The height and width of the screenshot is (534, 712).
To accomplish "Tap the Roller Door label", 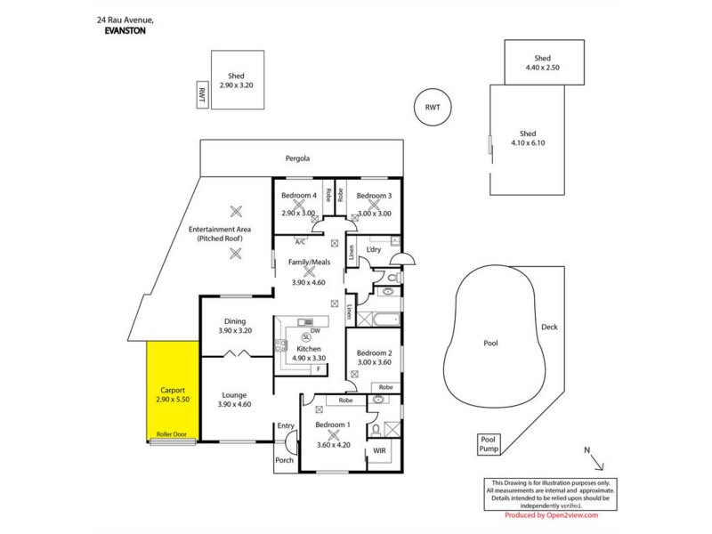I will coord(172,434).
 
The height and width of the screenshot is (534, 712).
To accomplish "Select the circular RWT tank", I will coord(432,108).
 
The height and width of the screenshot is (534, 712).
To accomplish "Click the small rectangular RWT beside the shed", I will coord(202,94).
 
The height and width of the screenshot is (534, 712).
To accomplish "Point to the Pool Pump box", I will coord(488,444).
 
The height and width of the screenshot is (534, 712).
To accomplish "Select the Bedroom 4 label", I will coord(299,196).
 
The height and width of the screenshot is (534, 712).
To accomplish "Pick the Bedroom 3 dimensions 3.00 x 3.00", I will coord(375,214).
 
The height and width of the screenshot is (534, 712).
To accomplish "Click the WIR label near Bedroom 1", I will coord(379,451).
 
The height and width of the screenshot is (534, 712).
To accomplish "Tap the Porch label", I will coord(286,460).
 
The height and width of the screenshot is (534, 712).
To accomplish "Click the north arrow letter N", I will coord(587,451).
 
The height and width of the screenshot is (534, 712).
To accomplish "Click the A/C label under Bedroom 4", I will coord(300,241).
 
